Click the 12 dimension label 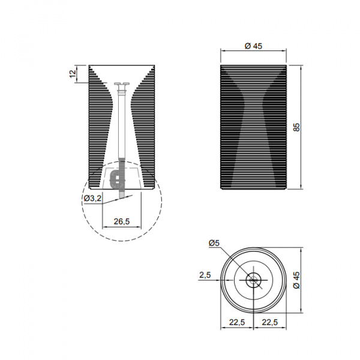tap(73, 74)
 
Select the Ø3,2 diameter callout tap(92, 198)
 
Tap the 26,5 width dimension tap(122, 221)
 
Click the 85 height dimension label tap(296, 127)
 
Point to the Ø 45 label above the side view tap(253, 46)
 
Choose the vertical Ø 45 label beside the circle tap(296, 280)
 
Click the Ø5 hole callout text tap(214, 243)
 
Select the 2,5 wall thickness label tap(205, 275)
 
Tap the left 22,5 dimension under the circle tap(237, 322)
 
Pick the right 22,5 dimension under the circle tap(270, 322)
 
